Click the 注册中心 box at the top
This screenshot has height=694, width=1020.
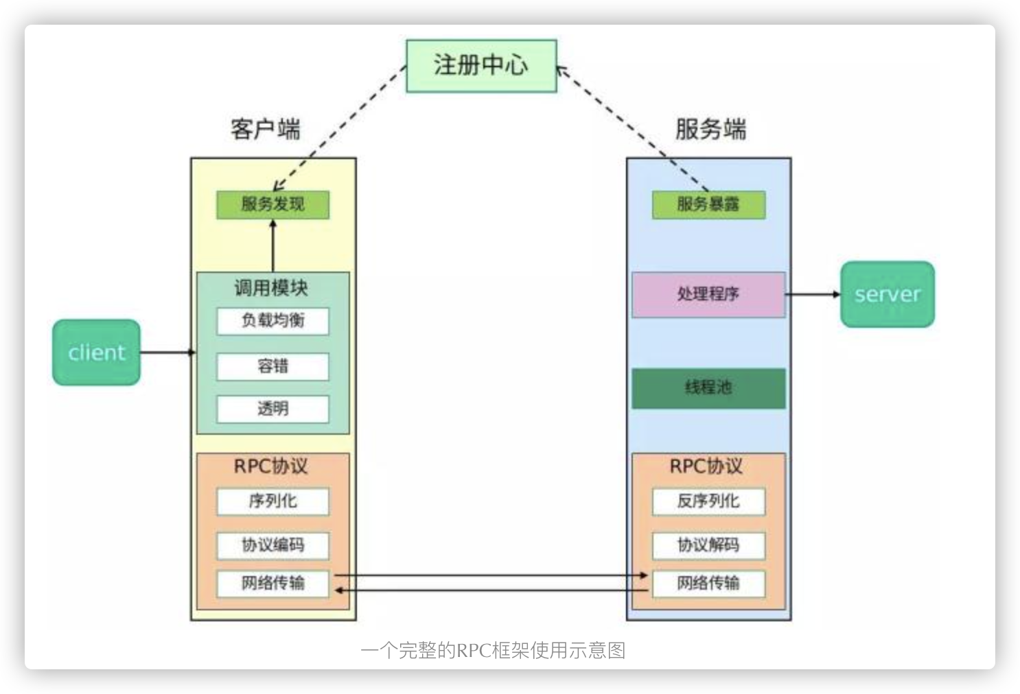pos(481,66)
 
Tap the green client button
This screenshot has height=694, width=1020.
pos(97,352)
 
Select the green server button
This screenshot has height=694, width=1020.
pos(887,294)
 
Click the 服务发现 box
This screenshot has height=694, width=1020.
pos(273,204)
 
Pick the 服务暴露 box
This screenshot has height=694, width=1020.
pos(708,204)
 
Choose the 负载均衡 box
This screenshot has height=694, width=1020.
pos(273,321)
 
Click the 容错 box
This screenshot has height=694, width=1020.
pos(273,366)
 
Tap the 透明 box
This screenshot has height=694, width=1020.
pos(273,409)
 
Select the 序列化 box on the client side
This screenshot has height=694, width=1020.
pos(273,501)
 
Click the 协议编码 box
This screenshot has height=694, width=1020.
pos(273,545)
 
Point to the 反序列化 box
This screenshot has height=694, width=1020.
pos(708,501)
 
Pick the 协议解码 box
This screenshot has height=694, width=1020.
pos(708,545)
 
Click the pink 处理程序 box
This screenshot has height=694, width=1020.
pos(708,294)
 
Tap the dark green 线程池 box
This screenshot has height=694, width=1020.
pos(708,388)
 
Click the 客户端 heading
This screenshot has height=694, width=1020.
pos(266,129)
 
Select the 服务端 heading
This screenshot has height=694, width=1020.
pos(710,129)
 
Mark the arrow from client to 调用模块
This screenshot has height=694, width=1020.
pos(167,352)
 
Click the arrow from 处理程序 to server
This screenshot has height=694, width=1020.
pos(813,294)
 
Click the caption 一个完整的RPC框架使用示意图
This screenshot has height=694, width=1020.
pos(493,650)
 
